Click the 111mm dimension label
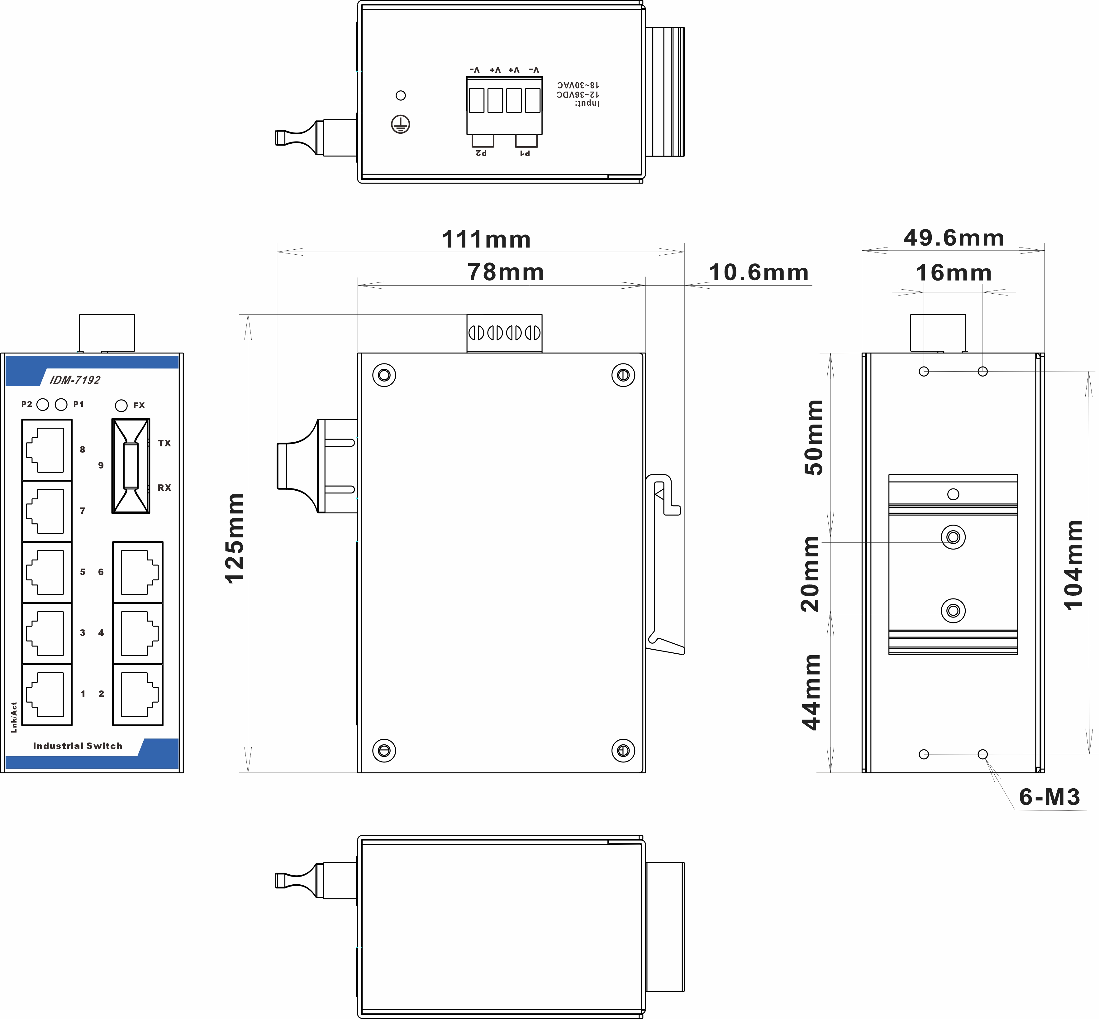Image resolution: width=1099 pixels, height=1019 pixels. [x=486, y=239]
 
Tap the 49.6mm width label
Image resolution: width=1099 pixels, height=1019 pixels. [x=954, y=238]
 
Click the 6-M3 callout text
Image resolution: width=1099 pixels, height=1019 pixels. [x=1049, y=797]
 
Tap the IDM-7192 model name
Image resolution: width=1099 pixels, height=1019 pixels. [x=75, y=380]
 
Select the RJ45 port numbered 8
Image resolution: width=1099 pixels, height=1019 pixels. [x=47, y=450]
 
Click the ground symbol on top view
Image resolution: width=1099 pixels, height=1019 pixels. [x=401, y=125]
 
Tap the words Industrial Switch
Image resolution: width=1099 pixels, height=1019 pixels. [x=78, y=746]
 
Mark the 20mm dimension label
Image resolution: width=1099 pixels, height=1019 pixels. [x=810, y=574]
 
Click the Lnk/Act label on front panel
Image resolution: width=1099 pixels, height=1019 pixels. [x=14, y=717]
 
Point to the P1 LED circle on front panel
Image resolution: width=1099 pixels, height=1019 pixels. [x=61, y=405]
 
